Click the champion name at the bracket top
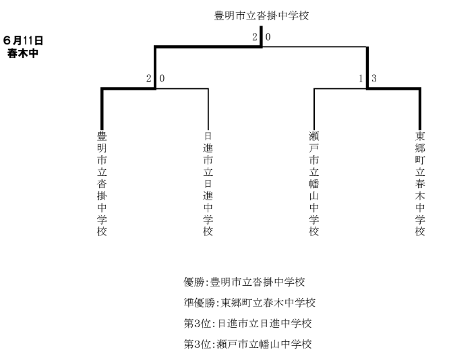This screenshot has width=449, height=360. point(262,16)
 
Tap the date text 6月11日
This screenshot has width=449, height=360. point(23,40)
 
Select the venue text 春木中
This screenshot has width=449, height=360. point(23,53)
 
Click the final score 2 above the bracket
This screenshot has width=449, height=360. point(255,37)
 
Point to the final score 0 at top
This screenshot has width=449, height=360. point(268,37)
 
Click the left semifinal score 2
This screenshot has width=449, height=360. point(148,78)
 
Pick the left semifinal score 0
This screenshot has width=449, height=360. point(162,78)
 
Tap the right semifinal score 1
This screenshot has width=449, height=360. point(361,78)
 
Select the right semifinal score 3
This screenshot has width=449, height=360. point(374,78)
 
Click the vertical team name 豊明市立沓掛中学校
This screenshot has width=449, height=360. point(102,183)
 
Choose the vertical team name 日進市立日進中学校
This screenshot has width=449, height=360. point(208,183)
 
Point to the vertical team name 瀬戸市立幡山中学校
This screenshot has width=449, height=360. point(314,183)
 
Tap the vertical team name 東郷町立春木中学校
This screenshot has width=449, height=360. point(420,183)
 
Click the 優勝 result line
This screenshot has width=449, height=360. point(244,282)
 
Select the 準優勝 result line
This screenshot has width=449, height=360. point(249,303)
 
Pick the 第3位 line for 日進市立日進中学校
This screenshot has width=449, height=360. point(247,324)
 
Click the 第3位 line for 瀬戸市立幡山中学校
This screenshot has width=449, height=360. point(247,344)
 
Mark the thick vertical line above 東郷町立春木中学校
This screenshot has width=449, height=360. point(420,109)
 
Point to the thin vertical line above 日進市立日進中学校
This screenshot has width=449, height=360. point(208,109)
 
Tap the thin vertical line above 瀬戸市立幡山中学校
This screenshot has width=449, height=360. point(314,109)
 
